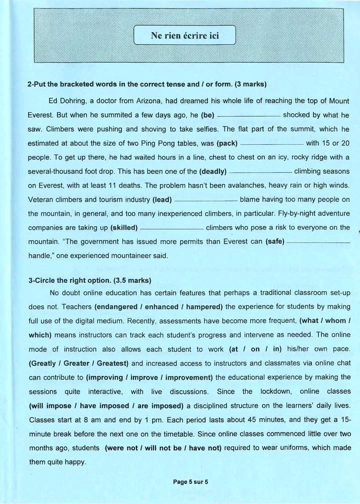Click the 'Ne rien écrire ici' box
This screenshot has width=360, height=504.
click(185, 36)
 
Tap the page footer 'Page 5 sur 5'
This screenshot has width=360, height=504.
click(190, 482)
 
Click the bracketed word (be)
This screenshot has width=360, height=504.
click(207, 115)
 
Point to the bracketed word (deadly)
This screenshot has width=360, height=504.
click(213, 172)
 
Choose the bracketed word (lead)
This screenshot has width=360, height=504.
click(162, 200)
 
